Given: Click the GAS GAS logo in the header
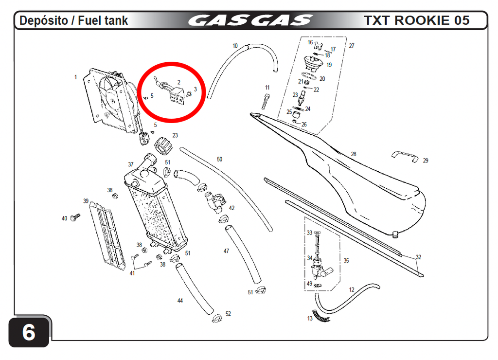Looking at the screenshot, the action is pyautogui.click(x=250, y=20).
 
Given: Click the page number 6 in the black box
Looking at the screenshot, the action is pyautogui.click(x=29, y=332).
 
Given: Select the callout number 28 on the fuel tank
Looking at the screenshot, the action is pyautogui.click(x=354, y=154).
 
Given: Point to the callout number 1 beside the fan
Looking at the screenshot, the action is pyautogui.click(x=75, y=77).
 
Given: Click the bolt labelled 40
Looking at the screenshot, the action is pyautogui.click(x=75, y=217).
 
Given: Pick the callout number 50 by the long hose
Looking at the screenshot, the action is pyautogui.click(x=219, y=159).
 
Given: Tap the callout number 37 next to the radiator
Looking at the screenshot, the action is pyautogui.click(x=131, y=164).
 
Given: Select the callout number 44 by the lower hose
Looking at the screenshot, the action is pyautogui.click(x=180, y=301).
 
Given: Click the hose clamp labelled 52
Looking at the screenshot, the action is pyautogui.click(x=217, y=317).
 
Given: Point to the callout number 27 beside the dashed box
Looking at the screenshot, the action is pyautogui.click(x=352, y=46).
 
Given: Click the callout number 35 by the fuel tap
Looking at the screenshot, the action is pyautogui.click(x=346, y=261).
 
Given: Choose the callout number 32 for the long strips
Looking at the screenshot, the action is pyautogui.click(x=419, y=257).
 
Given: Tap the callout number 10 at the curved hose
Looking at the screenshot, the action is pyautogui.click(x=235, y=46).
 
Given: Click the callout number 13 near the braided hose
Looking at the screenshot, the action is pyautogui.click(x=310, y=318).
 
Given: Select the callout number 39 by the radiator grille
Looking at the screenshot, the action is pyautogui.click(x=86, y=201).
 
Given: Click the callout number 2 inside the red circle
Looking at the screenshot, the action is pyautogui.click(x=179, y=82).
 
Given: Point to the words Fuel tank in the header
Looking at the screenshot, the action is pyautogui.click(x=103, y=20).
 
